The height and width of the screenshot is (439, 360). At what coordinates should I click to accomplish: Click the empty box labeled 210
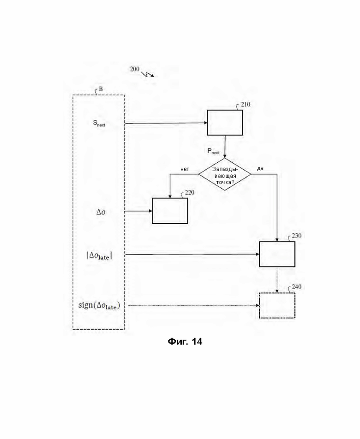coord(225,123)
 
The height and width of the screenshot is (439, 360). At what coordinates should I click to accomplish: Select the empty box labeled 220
coord(170,211)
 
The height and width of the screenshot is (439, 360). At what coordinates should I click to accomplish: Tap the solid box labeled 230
coord(277,254)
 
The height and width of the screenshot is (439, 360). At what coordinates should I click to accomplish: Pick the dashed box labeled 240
coord(277,305)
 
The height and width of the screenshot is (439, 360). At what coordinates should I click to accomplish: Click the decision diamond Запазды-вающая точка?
coord(225,174)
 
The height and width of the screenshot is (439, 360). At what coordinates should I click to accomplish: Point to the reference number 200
coord(134,69)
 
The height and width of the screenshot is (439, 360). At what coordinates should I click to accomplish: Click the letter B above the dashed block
coord(101,89)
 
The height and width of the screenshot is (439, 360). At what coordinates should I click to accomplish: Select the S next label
coord(99,123)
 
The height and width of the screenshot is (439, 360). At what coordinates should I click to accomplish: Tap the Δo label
coord(100,212)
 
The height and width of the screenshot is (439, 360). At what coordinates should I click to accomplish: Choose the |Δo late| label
coord(99,255)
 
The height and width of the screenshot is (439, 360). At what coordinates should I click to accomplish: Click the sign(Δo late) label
coord(99,305)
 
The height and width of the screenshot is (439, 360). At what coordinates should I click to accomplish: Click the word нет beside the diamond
coord(185,169)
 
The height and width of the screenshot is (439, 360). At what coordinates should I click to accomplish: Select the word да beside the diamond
coord(260,168)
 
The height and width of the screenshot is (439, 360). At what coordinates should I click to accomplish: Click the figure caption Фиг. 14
coord(185,342)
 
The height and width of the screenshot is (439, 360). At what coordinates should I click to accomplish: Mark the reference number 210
coord(246,105)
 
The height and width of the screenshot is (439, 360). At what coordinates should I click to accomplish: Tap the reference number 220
coord(190,192)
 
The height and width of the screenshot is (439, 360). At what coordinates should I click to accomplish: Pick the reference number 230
coord(296,236)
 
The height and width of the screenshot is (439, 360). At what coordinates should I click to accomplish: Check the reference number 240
coord(296,287)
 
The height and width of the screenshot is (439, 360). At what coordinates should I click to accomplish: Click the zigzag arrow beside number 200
coord(148,73)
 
